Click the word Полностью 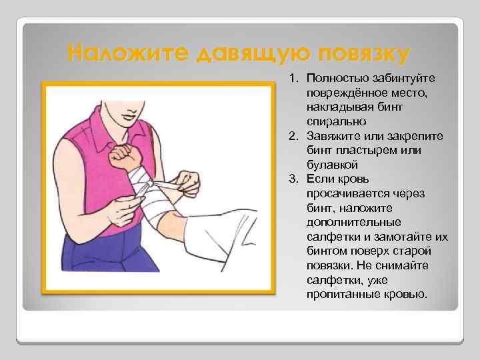click(x=335, y=79)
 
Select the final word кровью click(x=403, y=294)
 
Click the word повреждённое click(x=345, y=93)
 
